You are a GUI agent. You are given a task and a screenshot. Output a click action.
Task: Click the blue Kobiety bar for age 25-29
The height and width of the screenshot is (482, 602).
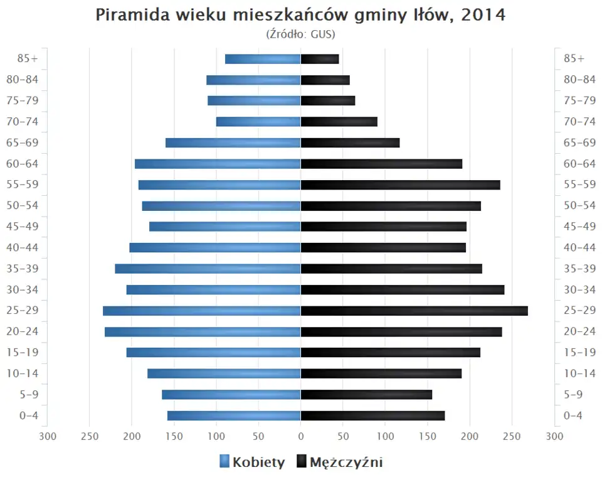(x=202, y=311)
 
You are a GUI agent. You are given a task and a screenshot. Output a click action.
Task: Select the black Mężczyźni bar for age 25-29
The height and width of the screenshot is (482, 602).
(x=414, y=311)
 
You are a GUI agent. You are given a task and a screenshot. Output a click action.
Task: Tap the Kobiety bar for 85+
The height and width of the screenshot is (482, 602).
(x=263, y=59)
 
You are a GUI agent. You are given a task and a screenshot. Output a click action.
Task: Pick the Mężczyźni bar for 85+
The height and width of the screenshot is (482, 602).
(x=320, y=59)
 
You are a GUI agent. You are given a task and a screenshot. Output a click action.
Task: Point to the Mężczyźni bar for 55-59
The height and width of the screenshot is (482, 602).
(x=400, y=185)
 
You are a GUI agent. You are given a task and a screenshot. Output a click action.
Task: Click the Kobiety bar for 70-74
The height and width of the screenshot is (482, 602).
(x=258, y=122)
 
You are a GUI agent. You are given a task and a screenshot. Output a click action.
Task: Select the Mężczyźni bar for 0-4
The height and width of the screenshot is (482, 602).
(x=372, y=415)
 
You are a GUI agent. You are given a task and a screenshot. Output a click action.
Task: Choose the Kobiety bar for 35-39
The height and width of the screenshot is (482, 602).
(x=208, y=269)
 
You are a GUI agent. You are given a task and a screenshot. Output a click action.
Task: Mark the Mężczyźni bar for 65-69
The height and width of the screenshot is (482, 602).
(x=350, y=142)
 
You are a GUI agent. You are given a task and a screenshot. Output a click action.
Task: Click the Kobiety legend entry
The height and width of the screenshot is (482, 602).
(x=252, y=463)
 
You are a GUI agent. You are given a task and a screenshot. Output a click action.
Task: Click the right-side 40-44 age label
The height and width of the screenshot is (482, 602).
(x=579, y=247)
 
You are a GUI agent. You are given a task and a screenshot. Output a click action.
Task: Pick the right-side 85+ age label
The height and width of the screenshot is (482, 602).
(x=574, y=58)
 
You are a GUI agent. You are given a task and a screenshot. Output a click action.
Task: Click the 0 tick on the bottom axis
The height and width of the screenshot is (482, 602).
(x=300, y=436)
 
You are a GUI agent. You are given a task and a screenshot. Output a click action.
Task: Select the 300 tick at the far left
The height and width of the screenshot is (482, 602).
(x=48, y=436)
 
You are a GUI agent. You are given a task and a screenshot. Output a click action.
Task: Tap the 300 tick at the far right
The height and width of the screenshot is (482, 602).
(x=554, y=436)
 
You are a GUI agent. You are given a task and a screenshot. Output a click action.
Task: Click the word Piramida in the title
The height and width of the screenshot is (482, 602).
(x=132, y=16)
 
